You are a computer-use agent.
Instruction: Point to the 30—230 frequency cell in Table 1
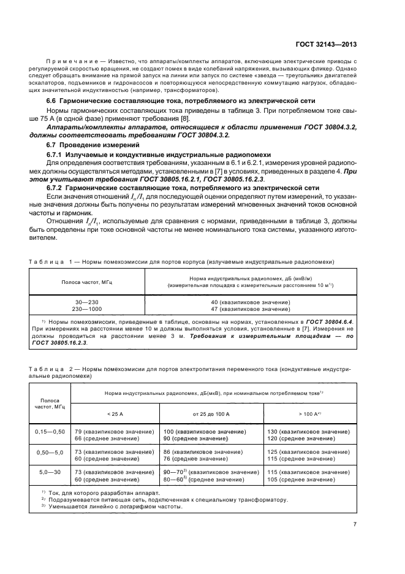[86, 302]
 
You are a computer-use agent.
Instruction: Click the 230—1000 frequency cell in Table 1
[86, 308]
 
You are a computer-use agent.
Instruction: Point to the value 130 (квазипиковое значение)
[308, 432]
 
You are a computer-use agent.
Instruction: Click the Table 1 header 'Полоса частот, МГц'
[86, 281]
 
